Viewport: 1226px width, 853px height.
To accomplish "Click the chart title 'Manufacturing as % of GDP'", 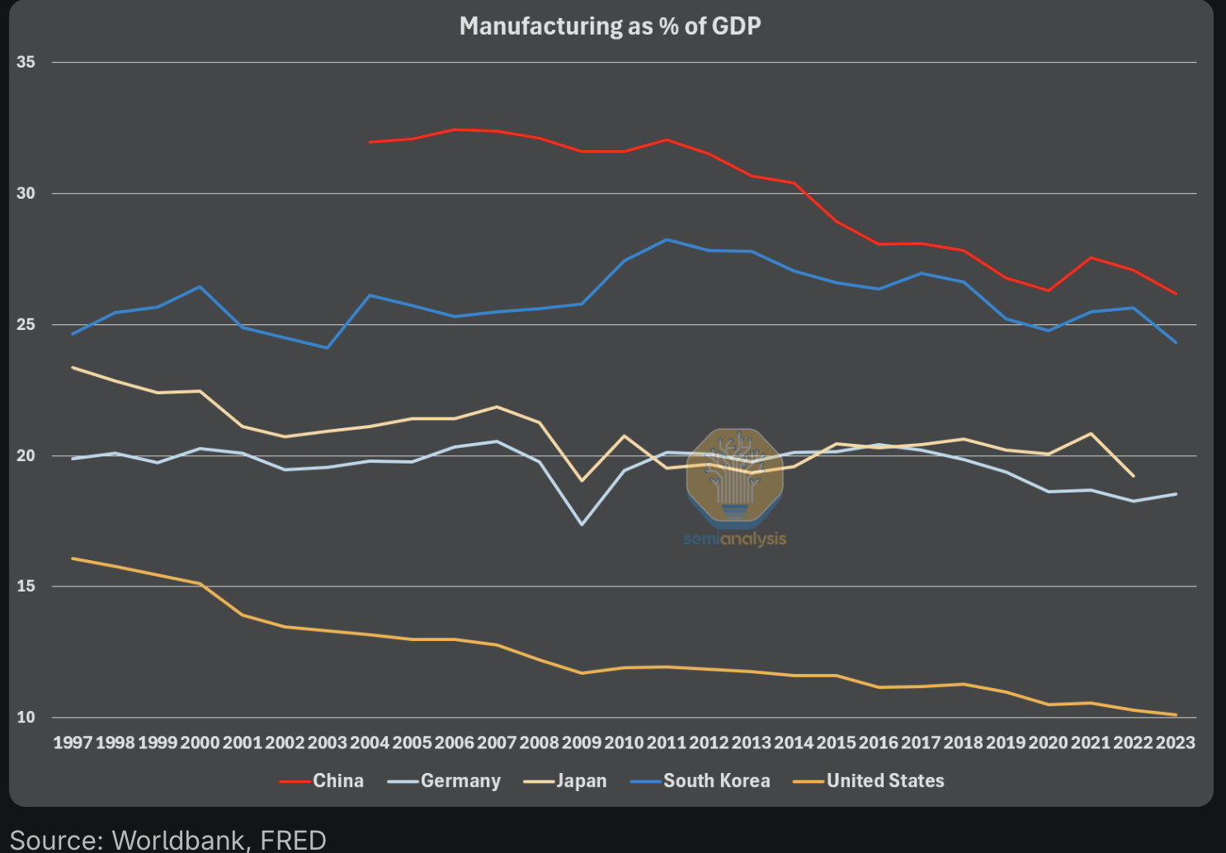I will (x=610, y=26).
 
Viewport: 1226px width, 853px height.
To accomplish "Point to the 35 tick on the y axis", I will (x=26, y=62).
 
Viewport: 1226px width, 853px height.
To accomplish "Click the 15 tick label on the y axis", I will (x=26, y=586).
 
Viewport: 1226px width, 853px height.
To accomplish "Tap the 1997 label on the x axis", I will (x=73, y=742).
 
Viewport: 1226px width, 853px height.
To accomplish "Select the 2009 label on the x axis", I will (x=582, y=742).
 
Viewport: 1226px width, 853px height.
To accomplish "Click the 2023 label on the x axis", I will (x=1176, y=742).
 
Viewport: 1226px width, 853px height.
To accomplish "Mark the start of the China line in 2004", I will (x=370, y=142).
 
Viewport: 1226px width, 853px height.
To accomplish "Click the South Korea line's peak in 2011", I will (x=667, y=239).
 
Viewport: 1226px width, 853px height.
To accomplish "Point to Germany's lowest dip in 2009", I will (x=582, y=525).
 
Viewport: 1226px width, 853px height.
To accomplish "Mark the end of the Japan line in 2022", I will (x=1133, y=476).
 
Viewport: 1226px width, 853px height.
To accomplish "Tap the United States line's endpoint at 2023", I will (x=1176, y=714).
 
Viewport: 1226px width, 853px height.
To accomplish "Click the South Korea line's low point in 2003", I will (x=328, y=347).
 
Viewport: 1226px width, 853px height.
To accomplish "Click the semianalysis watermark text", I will (x=735, y=539).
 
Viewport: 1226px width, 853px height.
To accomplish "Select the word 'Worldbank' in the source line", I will (x=177, y=840).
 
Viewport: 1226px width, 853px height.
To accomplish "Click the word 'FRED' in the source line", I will (x=293, y=840).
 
